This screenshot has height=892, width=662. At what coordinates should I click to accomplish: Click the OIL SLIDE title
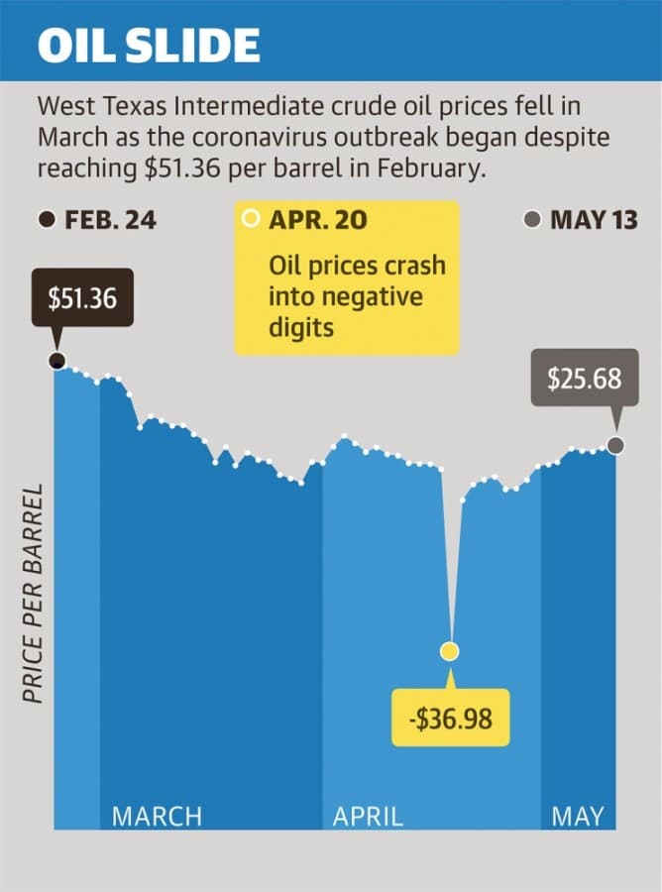click(x=149, y=45)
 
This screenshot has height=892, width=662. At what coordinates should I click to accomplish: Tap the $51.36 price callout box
click(x=82, y=297)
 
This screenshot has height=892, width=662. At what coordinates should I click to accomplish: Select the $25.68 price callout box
click(x=585, y=378)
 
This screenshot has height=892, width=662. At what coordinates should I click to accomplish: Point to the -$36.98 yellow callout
click(x=451, y=718)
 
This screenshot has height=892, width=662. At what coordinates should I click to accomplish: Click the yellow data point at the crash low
click(x=450, y=651)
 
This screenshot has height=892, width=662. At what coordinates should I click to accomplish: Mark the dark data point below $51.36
click(x=56, y=360)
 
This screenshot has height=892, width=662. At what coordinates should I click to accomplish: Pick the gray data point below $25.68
click(x=615, y=445)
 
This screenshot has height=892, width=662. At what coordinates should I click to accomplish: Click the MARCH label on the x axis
click(x=157, y=817)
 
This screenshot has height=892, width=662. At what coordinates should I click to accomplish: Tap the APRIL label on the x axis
click(x=368, y=817)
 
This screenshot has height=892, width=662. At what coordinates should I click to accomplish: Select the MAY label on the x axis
click(x=577, y=817)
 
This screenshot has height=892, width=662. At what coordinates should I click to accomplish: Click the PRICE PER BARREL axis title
click(x=33, y=594)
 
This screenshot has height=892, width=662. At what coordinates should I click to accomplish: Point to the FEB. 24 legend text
click(x=110, y=220)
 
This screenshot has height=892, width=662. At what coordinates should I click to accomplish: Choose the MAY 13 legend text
click(x=594, y=220)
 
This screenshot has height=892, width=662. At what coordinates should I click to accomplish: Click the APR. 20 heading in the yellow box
click(x=318, y=220)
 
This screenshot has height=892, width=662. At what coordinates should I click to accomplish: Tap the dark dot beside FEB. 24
click(x=48, y=220)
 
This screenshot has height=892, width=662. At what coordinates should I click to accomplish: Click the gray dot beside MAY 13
click(x=532, y=220)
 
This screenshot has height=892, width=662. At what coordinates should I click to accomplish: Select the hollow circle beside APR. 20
click(x=251, y=218)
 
